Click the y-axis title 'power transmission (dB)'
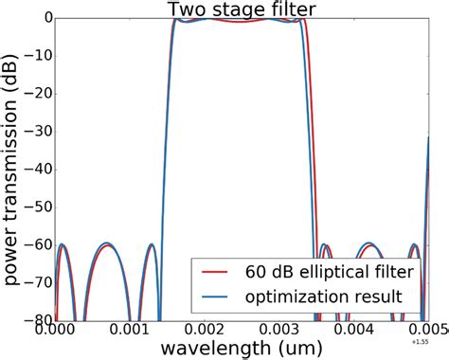(x=13, y=170)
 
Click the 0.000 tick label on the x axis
(x=77, y=332)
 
